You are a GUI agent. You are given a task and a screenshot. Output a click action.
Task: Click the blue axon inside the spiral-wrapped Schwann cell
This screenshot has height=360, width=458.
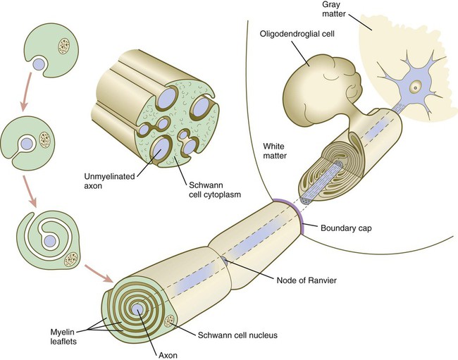pyautogui.click(x=49, y=241)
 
